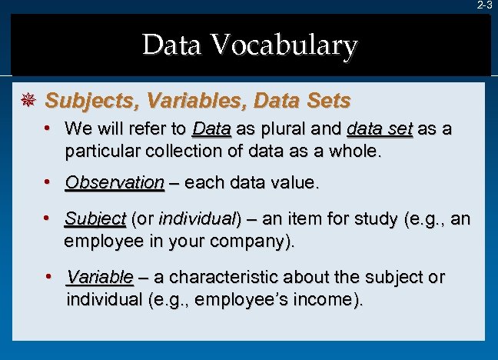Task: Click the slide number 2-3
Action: click(x=484, y=5)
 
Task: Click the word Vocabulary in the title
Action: click(x=287, y=46)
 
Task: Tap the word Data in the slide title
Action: click(x=171, y=46)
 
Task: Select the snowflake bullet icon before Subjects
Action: click(x=28, y=101)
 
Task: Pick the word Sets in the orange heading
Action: click(x=325, y=101)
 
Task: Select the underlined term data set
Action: click(x=380, y=128)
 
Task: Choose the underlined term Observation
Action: click(x=115, y=183)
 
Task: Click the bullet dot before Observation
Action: click(x=48, y=183)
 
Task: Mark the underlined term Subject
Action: click(x=95, y=219)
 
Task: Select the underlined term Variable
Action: click(x=100, y=277)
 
